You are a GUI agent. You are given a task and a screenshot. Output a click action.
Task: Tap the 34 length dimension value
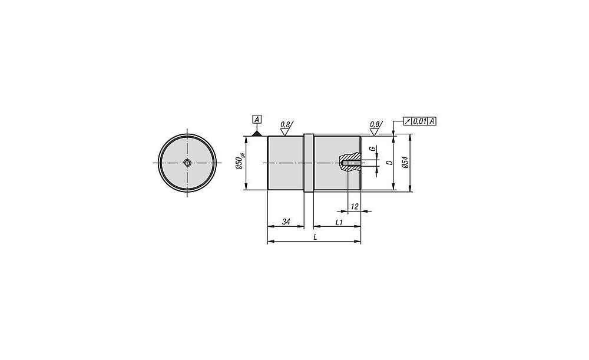pyautogui.click(x=286, y=222)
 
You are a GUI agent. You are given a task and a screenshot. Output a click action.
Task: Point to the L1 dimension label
pyautogui.click(x=339, y=222)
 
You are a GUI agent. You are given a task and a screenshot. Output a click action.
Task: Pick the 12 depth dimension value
pyautogui.click(x=354, y=206)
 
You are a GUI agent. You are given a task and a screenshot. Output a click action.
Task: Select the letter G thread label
pyautogui.click(x=373, y=149)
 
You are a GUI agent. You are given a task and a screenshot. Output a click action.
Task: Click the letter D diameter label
pyautogui.click(x=389, y=163)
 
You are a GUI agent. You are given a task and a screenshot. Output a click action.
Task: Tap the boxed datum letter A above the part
pyautogui.click(x=257, y=120)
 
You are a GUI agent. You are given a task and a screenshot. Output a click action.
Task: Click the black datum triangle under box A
pyautogui.click(x=257, y=133)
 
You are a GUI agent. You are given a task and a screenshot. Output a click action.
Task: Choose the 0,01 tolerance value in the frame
pyautogui.click(x=419, y=121)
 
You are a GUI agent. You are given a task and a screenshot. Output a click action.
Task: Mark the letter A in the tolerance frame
pyautogui.click(x=432, y=121)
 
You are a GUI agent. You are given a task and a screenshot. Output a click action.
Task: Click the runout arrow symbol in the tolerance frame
pyautogui.click(x=408, y=121)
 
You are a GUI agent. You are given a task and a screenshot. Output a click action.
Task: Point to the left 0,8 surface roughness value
pyautogui.click(x=285, y=124)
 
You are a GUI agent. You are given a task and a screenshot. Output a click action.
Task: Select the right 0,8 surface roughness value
pyautogui.click(x=375, y=124)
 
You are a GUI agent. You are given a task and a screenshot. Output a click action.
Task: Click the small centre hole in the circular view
pyautogui.click(x=187, y=163)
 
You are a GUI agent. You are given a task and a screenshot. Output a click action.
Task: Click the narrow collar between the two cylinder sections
pyautogui.click(x=309, y=163)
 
